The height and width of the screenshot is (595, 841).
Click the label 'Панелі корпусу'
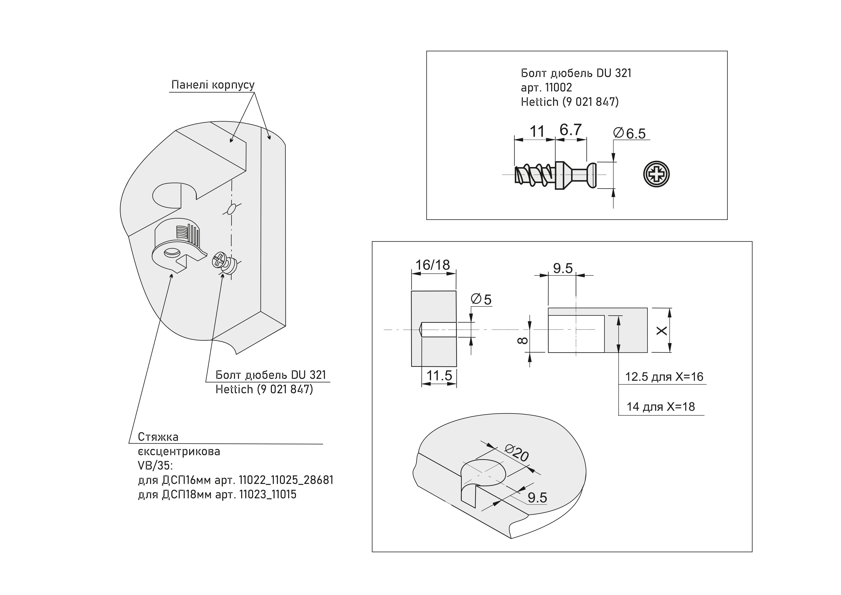213,85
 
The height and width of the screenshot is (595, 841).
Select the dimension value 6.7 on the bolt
571,130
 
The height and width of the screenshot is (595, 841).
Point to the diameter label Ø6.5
630,133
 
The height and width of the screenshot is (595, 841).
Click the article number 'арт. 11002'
546,88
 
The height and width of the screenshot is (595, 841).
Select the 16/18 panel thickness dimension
432,265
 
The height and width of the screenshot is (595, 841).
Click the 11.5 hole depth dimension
439,375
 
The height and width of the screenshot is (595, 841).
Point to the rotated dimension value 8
523,341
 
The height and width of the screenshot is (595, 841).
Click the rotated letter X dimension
661,331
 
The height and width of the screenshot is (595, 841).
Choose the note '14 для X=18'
661,407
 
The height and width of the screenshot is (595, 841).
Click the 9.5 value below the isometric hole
537,498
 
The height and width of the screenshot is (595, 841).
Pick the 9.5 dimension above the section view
563,268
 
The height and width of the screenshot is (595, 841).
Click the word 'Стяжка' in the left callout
158,437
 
